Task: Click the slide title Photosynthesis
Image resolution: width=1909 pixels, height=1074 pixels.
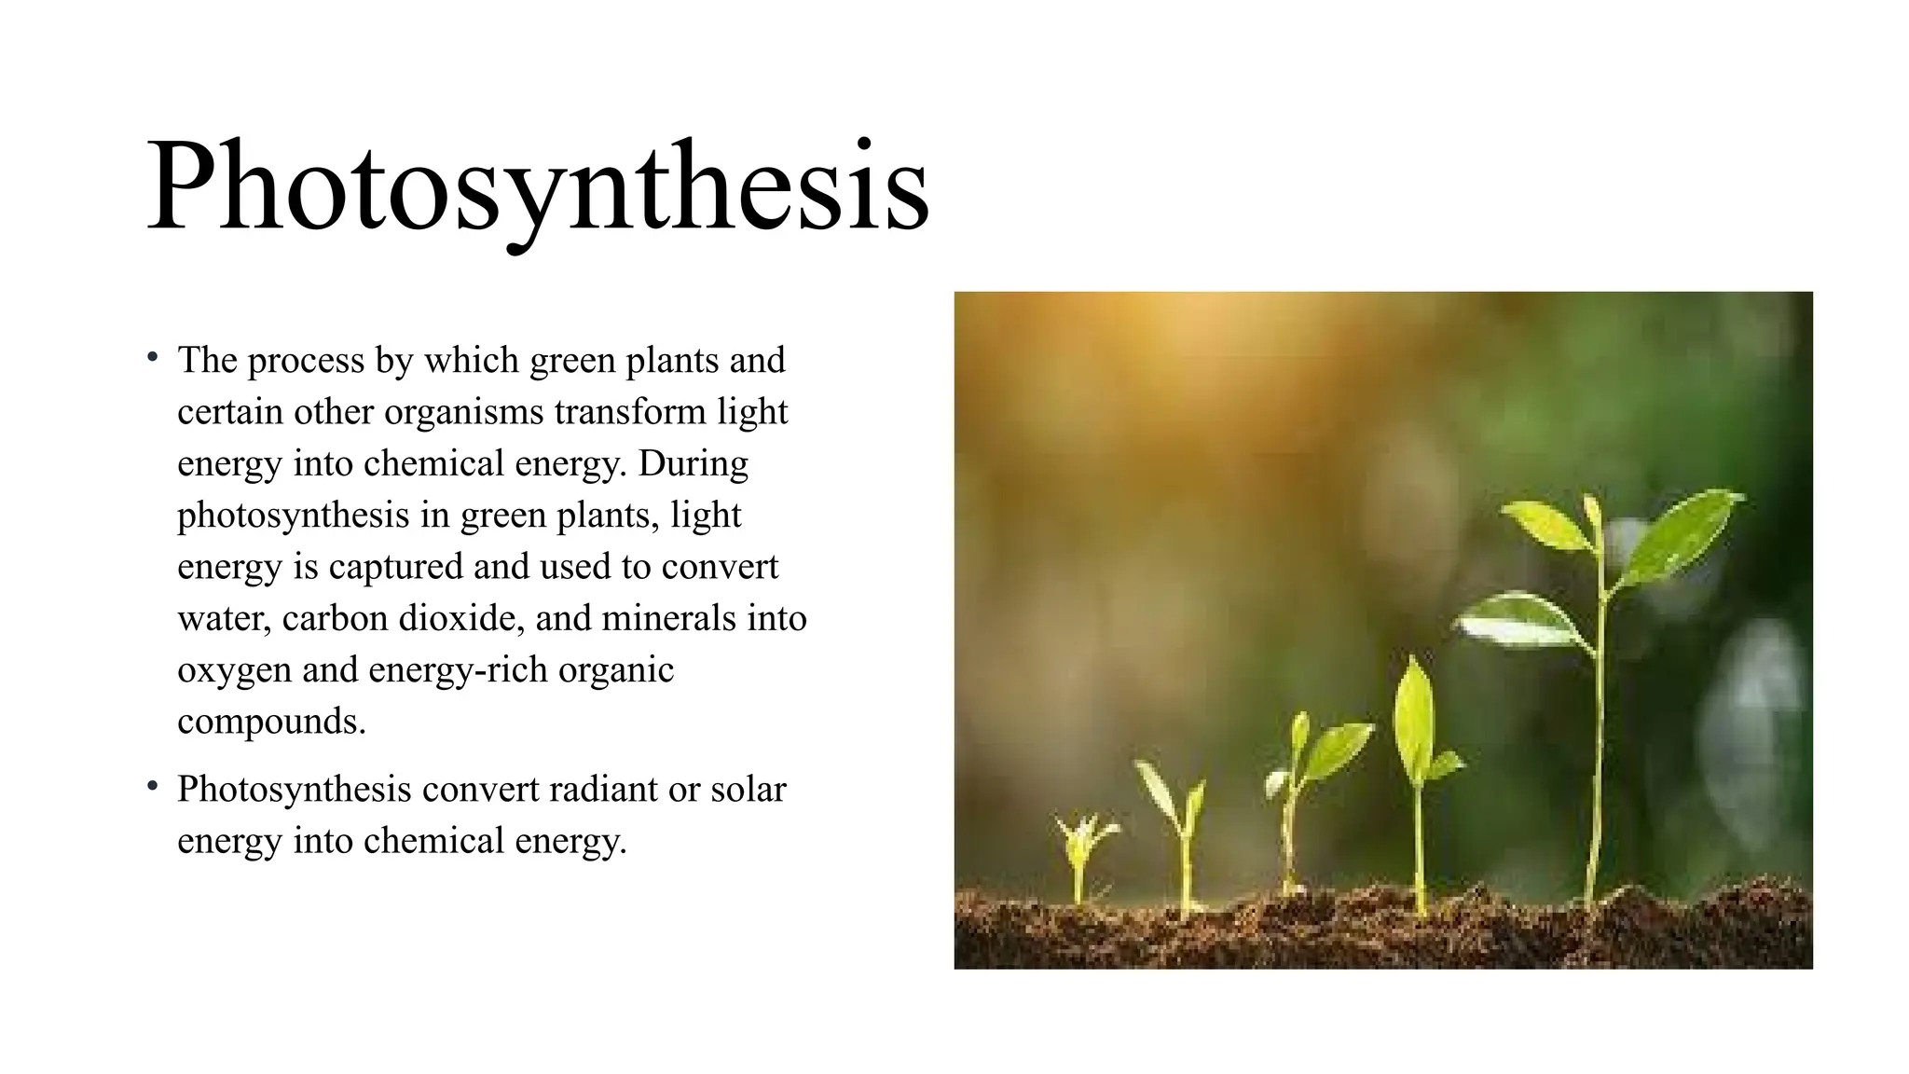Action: click(538, 186)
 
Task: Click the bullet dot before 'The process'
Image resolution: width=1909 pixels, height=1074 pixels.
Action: click(152, 358)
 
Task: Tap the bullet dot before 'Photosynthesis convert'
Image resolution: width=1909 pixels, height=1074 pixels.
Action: click(152, 787)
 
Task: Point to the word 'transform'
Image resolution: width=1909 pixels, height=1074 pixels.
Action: click(630, 412)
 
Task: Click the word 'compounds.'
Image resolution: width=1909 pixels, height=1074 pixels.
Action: click(271, 722)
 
